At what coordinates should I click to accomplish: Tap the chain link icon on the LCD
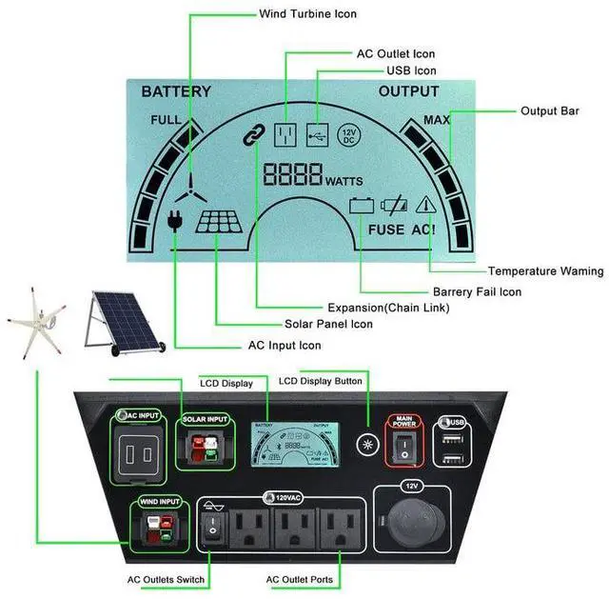pos(252,136)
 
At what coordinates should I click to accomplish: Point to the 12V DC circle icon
pos(348,135)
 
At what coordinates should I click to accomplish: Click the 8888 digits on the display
pos(293,175)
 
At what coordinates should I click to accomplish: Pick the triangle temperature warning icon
pos(424,204)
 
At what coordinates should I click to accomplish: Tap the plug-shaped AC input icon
pos(173,221)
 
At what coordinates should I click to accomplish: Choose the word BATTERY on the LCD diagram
pos(176,92)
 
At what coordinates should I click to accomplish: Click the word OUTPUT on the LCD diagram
pos(408,92)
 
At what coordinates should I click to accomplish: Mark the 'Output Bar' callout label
pos(549,111)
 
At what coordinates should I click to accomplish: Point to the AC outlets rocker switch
pos(213,525)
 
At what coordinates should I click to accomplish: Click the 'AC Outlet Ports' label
pos(300,579)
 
